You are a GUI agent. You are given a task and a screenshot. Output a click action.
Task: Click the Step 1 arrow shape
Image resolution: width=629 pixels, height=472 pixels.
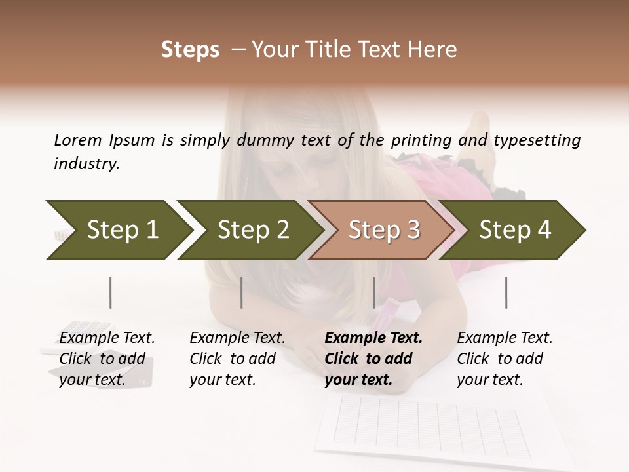[x=118, y=230]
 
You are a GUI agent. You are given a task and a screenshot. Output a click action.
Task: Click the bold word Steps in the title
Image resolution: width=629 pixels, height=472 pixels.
[x=190, y=50]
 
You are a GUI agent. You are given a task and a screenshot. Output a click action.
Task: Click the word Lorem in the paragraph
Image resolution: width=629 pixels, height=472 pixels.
[x=78, y=140]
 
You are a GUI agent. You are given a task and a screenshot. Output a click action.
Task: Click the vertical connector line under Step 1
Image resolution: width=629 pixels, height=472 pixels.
[x=111, y=292]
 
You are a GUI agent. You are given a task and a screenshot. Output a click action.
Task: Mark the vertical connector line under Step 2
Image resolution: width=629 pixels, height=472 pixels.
[x=242, y=292]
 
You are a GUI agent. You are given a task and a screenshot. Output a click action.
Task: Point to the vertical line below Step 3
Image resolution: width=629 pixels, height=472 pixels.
[x=373, y=292]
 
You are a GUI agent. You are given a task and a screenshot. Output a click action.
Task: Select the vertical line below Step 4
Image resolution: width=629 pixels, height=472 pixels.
[x=506, y=292]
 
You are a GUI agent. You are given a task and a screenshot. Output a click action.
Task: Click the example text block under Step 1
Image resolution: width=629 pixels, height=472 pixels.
[x=107, y=359]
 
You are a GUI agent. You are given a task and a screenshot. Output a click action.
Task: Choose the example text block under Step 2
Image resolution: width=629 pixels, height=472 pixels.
[x=237, y=359]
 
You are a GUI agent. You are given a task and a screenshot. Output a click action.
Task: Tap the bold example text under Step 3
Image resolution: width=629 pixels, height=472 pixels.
[x=373, y=359]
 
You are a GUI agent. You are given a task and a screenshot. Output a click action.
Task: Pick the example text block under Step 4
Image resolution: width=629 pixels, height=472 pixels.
[x=505, y=359]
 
